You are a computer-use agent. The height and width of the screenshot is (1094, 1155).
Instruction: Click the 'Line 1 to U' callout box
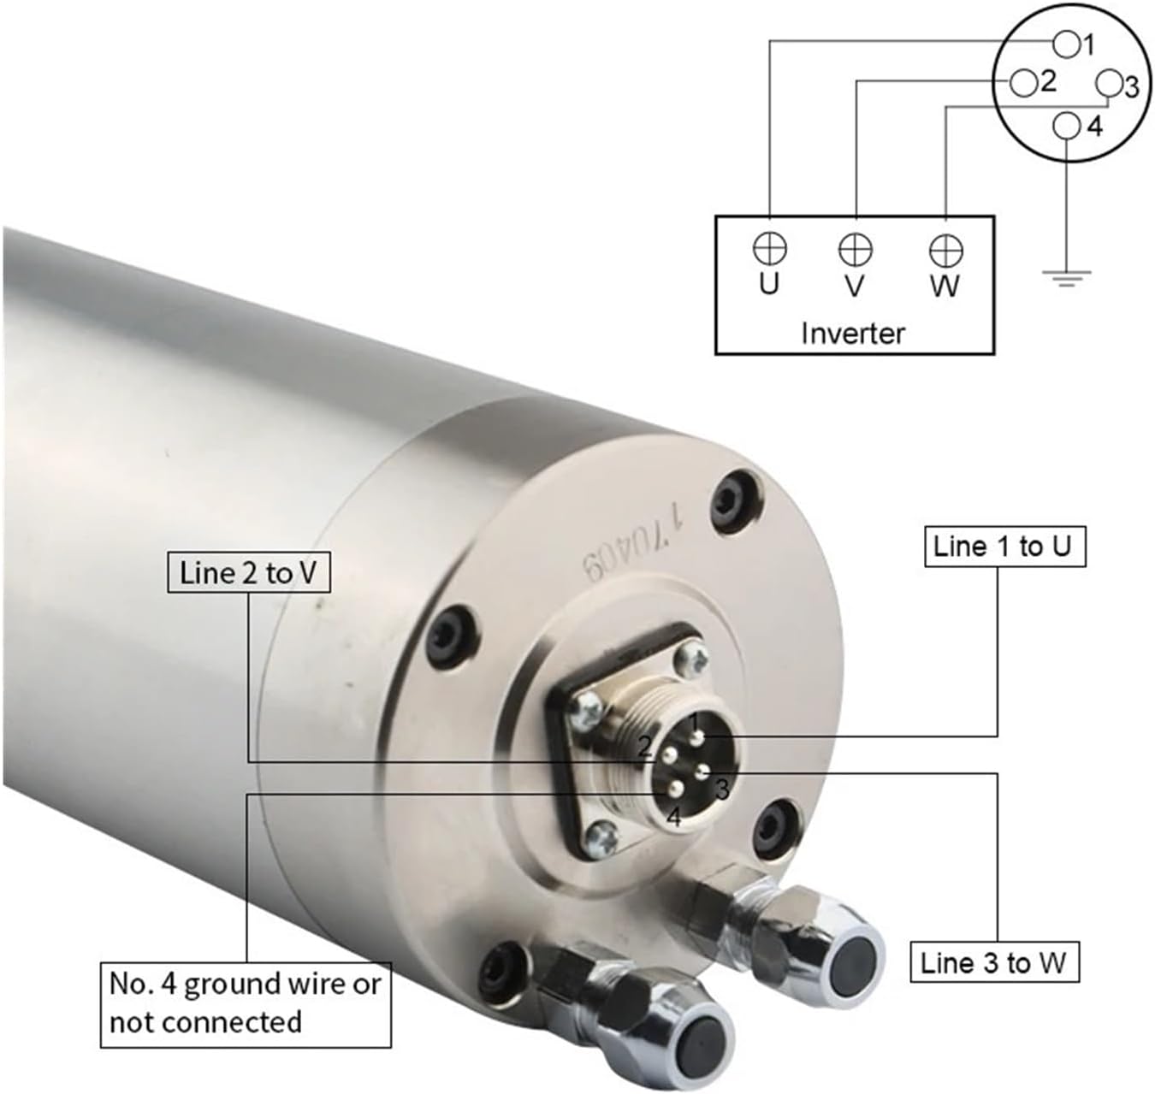[x=1004, y=547]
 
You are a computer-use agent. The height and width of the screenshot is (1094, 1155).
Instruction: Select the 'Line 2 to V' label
[x=248, y=572]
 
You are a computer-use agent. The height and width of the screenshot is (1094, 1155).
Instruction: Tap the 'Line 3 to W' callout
[x=993, y=963]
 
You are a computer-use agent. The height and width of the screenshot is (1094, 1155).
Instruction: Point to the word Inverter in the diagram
[x=853, y=333]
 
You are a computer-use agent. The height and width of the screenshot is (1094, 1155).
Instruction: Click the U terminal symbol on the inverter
[x=769, y=249]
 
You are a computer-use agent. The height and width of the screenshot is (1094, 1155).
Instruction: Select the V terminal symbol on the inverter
[x=855, y=250]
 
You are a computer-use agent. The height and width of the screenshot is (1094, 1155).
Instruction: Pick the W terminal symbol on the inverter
[x=945, y=251]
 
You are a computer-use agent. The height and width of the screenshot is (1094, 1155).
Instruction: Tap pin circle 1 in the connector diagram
[x=1066, y=42]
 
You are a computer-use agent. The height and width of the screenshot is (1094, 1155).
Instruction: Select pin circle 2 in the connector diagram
[x=1023, y=83]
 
